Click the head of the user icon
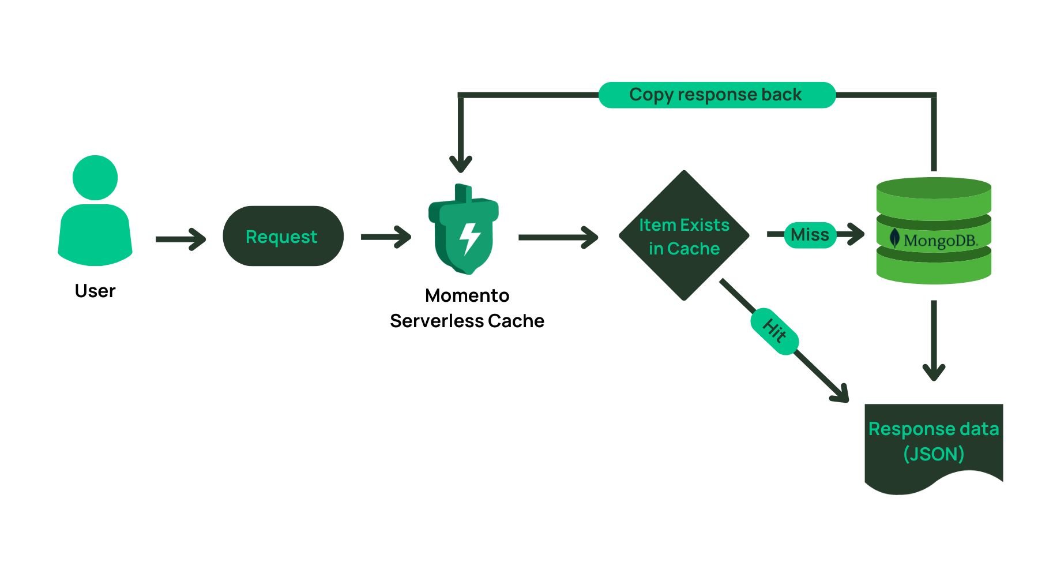click(x=95, y=178)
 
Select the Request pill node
click(x=283, y=236)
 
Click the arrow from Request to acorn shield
click(x=386, y=237)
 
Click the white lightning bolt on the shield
click(x=469, y=238)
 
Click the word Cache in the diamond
click(x=693, y=249)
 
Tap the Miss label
click(x=810, y=235)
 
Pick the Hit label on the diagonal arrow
click(x=774, y=331)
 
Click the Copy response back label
click(x=716, y=95)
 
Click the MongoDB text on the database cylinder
click(x=940, y=240)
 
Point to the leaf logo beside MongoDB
click(x=894, y=238)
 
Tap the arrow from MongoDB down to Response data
click(x=934, y=340)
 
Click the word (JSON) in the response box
click(x=934, y=454)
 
